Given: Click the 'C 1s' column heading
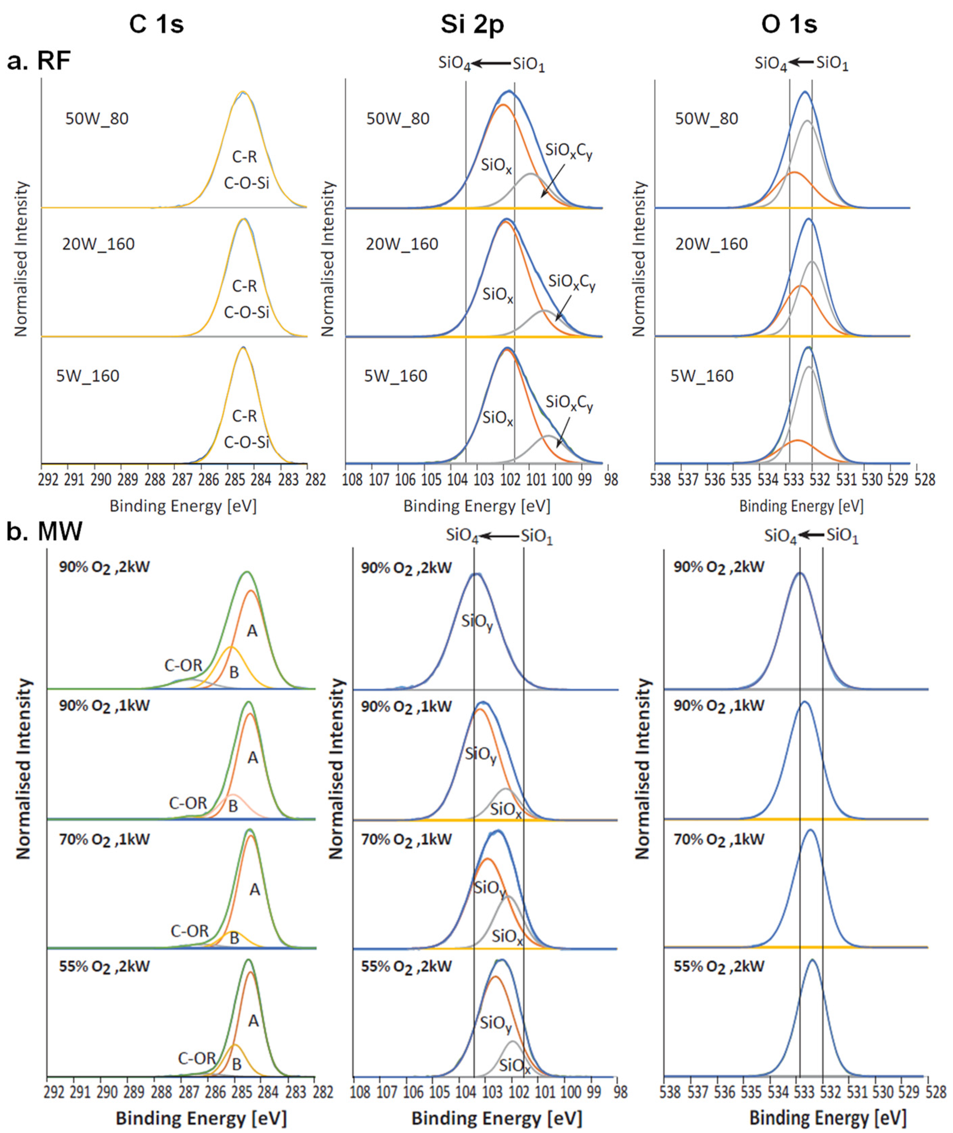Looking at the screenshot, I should tap(157, 25).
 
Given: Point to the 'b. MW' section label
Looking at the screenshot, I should tap(44, 531).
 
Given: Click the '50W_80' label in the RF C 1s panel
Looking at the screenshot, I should tap(97, 118).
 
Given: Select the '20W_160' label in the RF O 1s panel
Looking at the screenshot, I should tap(711, 244).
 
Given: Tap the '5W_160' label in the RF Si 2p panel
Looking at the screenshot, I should tap(396, 376).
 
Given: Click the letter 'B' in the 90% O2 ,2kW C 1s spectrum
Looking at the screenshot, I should tap(234, 672).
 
